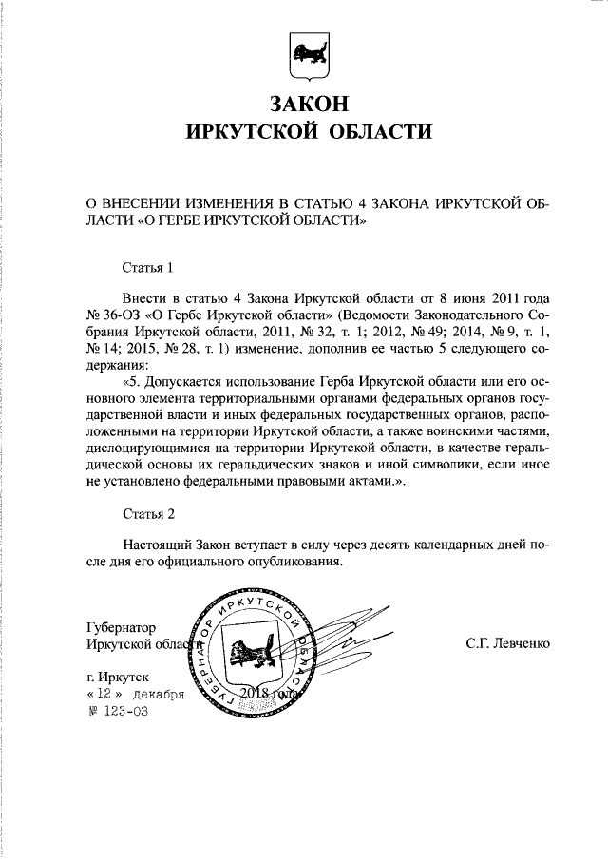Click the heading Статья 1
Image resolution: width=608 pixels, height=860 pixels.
coord(149,267)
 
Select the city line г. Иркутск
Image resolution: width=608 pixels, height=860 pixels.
coord(118,677)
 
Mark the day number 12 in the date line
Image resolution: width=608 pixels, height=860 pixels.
coord(103,694)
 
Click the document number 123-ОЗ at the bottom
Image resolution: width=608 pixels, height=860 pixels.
coord(124,710)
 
